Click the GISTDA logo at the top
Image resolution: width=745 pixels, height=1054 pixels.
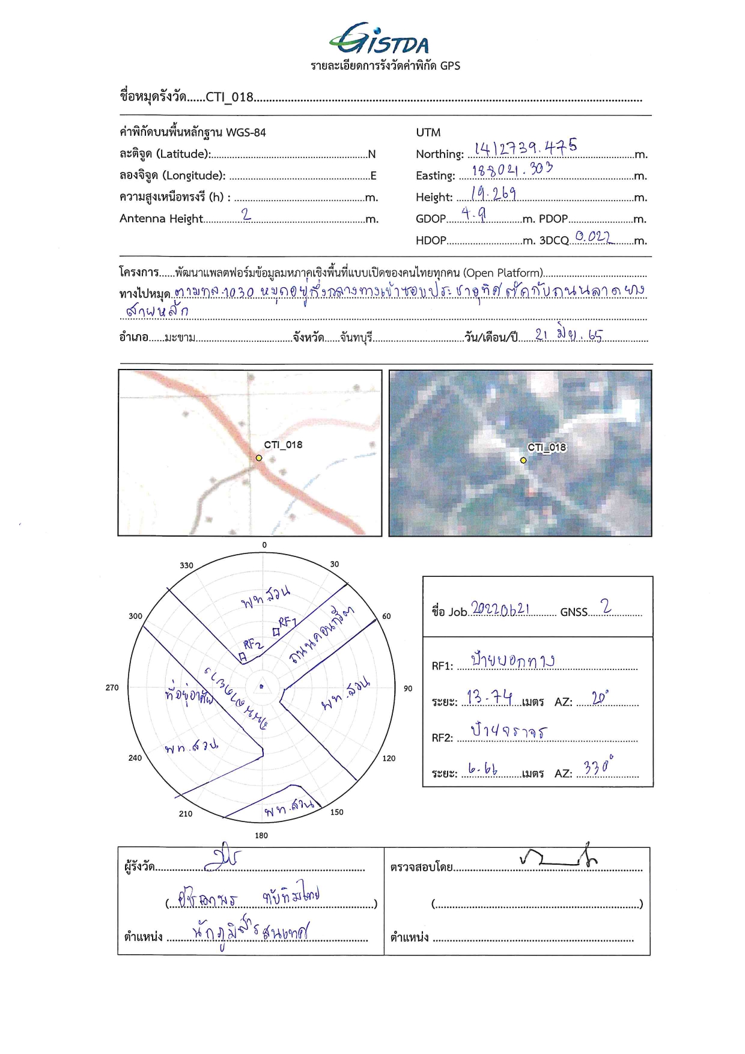click(380, 41)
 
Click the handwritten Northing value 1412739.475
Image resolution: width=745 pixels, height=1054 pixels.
click(525, 147)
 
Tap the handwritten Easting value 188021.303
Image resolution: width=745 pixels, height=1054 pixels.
click(511, 170)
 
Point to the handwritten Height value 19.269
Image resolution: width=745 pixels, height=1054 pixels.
click(493, 193)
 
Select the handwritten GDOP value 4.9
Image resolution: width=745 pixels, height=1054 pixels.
click(473, 214)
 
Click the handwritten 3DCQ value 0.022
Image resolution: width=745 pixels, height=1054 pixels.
click(592, 237)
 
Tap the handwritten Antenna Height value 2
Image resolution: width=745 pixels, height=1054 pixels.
click(246, 215)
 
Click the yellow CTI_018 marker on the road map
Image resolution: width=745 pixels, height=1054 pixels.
click(259, 458)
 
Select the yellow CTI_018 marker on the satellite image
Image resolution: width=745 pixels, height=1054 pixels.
click(523, 460)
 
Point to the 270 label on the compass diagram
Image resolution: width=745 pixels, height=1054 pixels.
click(112, 687)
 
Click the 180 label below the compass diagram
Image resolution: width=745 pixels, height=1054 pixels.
click(261, 835)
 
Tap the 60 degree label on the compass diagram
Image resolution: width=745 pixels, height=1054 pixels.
click(386, 616)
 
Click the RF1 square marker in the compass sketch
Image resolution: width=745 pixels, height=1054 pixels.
click(276, 632)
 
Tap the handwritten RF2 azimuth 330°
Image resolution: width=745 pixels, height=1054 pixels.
click(598, 767)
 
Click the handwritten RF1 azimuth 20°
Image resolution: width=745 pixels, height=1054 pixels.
click(600, 698)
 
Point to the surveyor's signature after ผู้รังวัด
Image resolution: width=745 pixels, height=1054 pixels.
click(222, 860)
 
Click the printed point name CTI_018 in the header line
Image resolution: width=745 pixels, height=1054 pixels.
click(230, 97)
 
